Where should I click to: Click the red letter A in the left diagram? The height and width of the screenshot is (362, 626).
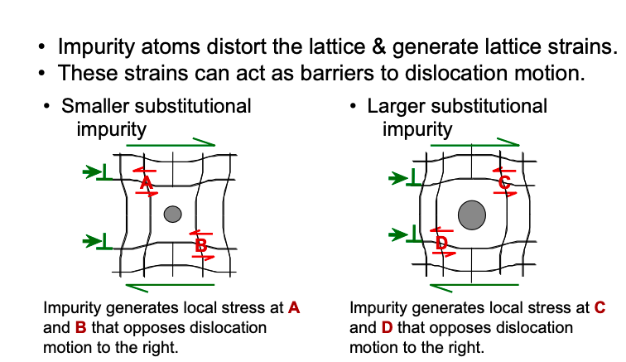(x=146, y=182)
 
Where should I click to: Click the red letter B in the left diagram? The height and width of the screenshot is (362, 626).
(x=201, y=245)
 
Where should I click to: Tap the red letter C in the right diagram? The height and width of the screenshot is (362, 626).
(x=503, y=183)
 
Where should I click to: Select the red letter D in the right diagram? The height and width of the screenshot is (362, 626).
(x=441, y=243)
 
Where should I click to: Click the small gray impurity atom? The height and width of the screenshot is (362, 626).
(x=172, y=215)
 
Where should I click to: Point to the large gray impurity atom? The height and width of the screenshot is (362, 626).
(x=472, y=215)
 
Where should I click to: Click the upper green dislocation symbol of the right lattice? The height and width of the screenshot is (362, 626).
(x=406, y=176)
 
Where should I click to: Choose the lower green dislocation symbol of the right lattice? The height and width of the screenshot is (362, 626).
(x=406, y=236)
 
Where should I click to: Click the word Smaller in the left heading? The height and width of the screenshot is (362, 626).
(x=96, y=106)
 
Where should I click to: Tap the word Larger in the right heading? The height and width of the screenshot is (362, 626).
(x=393, y=106)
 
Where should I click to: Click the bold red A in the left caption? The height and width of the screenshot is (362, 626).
(x=293, y=308)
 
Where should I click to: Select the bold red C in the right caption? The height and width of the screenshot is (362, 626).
(x=600, y=308)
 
